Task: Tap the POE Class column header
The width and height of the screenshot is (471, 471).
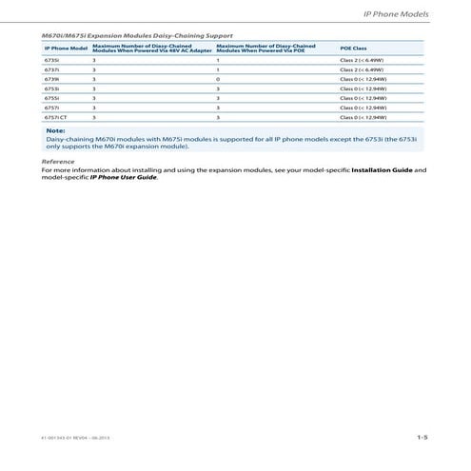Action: pos(353,48)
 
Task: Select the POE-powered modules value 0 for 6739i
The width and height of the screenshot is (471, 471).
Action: pos(219,80)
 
